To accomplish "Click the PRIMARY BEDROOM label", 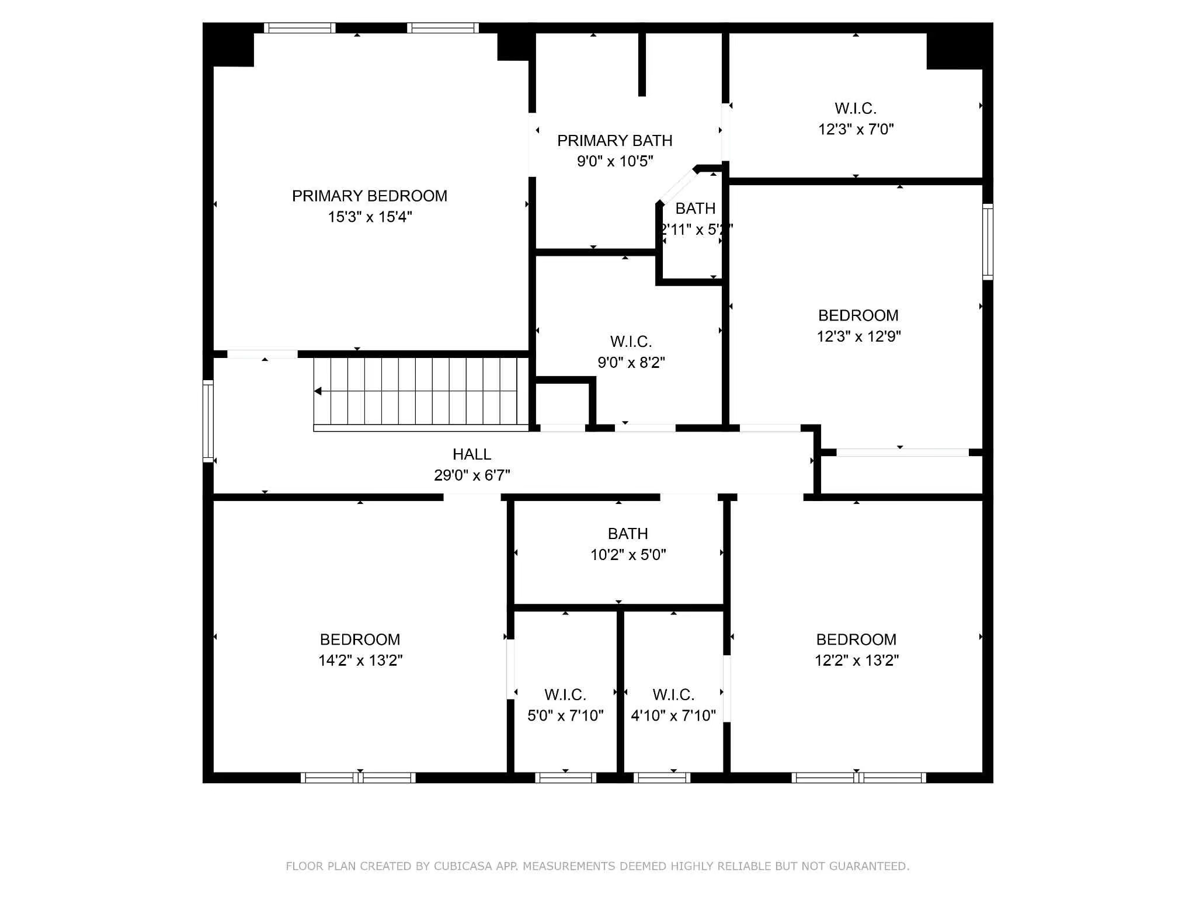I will pos(369,196).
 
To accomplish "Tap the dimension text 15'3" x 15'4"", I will pos(370,217).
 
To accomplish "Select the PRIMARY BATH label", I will pos(614,141).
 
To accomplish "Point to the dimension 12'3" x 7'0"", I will pos(856,130).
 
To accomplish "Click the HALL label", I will pos(471,454).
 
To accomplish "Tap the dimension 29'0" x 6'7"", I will pos(472,475).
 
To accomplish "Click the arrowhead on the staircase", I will pos(318,391).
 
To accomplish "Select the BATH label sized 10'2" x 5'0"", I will pos(627,534).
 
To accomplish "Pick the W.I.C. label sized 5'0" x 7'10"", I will pos(565,695).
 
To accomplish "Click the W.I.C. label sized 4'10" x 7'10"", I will pos(673,695).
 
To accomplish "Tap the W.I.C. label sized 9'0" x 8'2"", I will pos(631,342).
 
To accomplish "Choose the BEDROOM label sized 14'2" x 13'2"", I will pos(360,639).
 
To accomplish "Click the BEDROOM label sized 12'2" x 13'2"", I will pos(856,639).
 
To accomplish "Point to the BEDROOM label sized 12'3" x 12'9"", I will pos(858,316).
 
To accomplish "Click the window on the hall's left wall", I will pos(208,421).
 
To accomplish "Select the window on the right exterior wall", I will pos(987,242).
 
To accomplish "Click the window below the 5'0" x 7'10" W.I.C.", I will pos(565,777).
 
